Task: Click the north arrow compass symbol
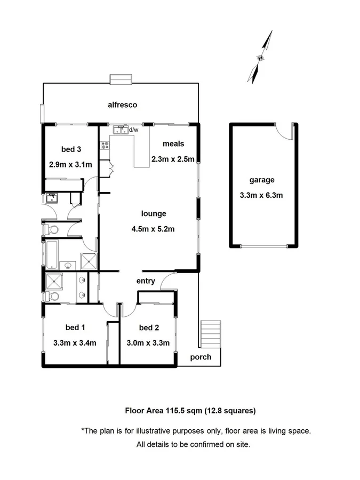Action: coord(261,57)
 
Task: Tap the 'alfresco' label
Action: coord(122,105)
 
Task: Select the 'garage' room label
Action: coord(262,180)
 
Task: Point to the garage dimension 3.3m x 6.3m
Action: coord(262,195)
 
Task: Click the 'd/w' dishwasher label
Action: coord(133,130)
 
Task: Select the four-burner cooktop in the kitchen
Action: coord(104,145)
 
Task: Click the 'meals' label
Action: coord(173,144)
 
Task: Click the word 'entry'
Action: coord(146,281)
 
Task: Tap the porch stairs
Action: coord(210,333)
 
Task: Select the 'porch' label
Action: coord(201,357)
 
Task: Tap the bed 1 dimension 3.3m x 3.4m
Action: coord(75,343)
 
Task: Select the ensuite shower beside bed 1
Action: coord(53,281)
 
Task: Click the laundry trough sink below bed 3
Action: coord(52,198)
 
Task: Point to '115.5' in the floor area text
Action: coord(172,411)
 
